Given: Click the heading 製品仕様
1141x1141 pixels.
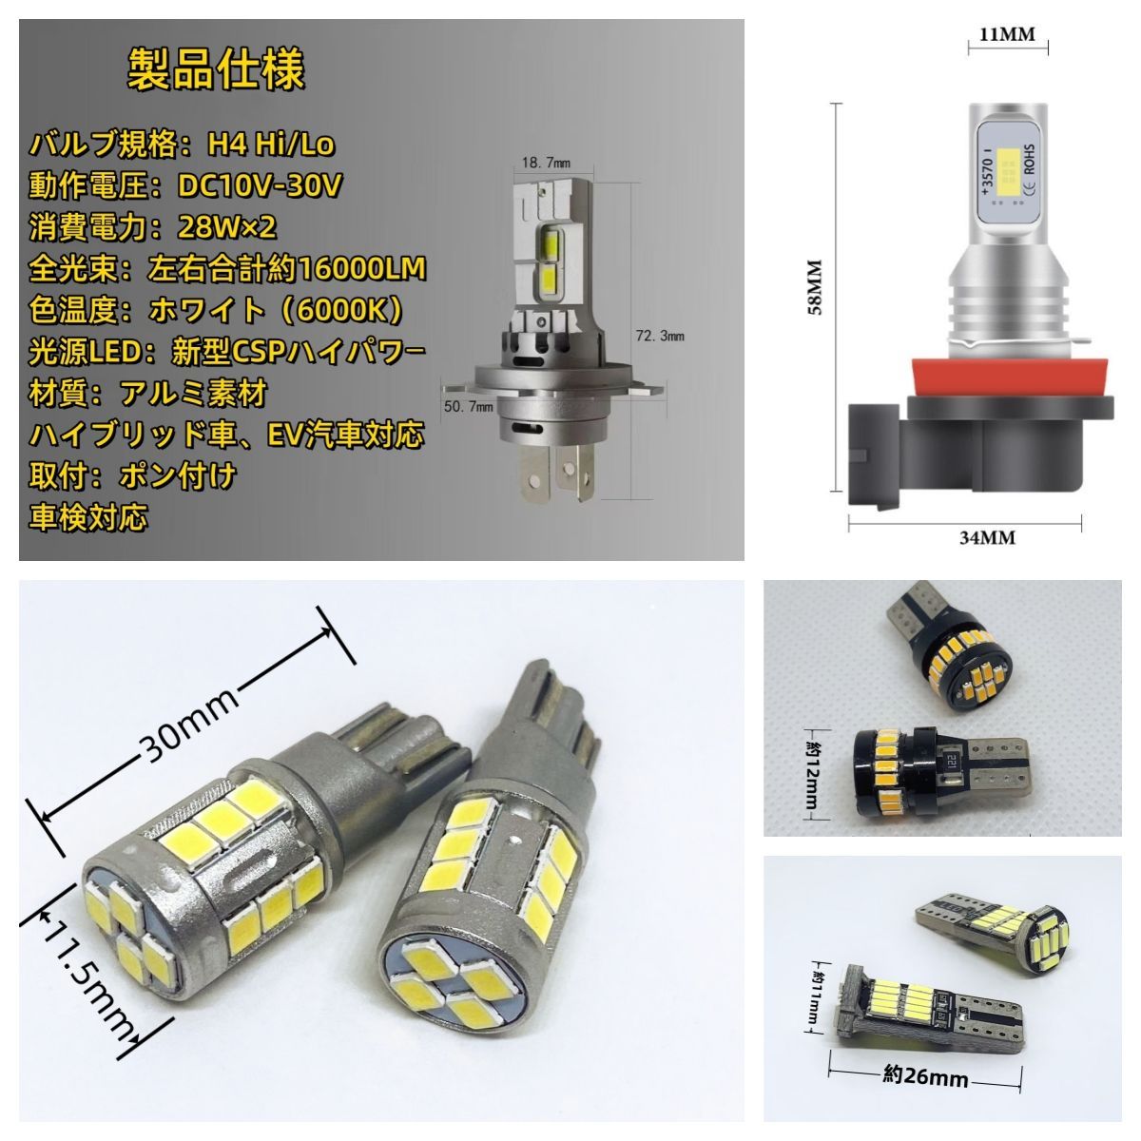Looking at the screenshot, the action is tap(216, 69).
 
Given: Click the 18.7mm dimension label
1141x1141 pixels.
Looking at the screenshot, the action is tap(546, 163).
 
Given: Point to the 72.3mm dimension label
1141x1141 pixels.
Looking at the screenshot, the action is tap(660, 336).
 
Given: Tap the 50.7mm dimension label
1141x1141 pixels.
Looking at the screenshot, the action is tap(469, 406).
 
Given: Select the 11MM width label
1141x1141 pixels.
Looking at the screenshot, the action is tap(1007, 34).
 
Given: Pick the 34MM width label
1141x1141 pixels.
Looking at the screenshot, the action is tap(987, 537).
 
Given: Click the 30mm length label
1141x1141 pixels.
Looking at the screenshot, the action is tap(189, 723).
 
